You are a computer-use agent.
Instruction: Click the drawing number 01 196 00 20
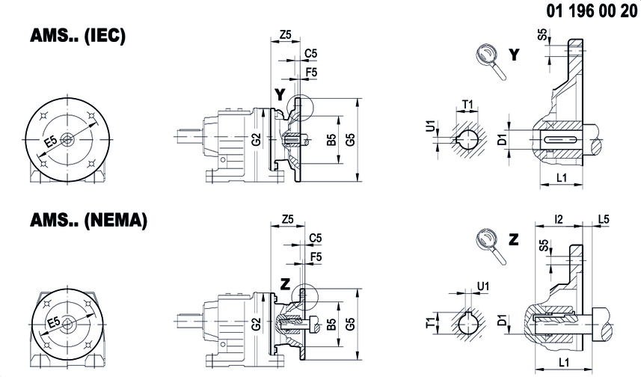592,11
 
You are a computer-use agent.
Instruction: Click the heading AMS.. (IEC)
78,36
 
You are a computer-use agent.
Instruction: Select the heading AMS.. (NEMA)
88,221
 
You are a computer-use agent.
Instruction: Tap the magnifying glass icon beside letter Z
491,246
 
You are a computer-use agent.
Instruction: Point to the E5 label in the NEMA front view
54,322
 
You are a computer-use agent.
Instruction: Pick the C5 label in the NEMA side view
315,238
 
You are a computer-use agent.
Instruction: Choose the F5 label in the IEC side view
311,73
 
